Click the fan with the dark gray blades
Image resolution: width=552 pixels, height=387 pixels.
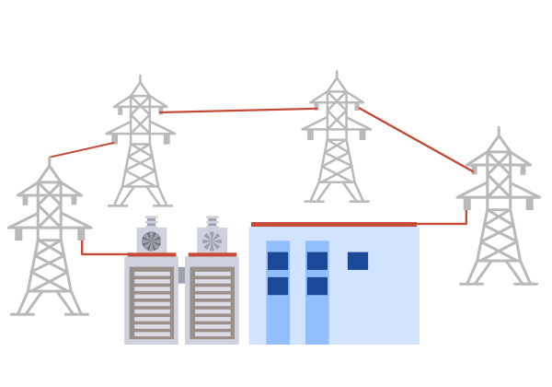click(x=152, y=240)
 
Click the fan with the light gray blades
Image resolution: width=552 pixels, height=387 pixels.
click(x=213, y=240)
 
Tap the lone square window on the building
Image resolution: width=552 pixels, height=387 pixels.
click(x=358, y=261)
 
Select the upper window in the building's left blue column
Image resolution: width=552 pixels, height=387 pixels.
click(x=278, y=261)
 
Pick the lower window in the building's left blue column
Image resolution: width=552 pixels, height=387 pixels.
click(x=278, y=286)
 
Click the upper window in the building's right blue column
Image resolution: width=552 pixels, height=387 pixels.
click(x=317, y=261)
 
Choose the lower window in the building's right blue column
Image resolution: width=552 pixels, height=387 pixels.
click(x=317, y=286)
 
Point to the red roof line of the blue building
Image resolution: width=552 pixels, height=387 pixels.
click(x=336, y=224)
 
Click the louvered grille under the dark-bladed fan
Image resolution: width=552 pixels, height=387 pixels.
click(x=152, y=302)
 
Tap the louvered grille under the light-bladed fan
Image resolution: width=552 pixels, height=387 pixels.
click(x=213, y=302)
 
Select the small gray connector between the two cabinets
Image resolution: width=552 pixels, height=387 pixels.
click(x=182, y=275)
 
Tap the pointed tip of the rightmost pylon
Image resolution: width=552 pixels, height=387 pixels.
click(x=499, y=130)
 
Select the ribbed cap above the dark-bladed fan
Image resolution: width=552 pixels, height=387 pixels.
click(x=152, y=221)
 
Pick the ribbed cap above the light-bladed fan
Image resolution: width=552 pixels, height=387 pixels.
click(x=213, y=221)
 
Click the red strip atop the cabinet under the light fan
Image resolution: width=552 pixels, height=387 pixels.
click(x=213, y=254)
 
